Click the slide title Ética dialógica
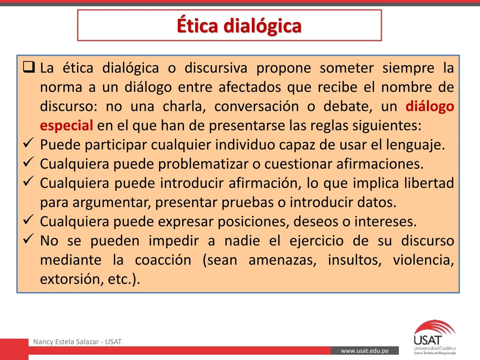239,26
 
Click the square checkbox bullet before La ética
29,67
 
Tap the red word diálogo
430,106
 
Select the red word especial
66,126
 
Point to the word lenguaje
415,145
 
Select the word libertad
429,183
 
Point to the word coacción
163,260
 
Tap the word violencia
423,260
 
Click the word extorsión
71,279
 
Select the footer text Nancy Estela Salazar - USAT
77,342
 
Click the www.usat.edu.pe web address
365,351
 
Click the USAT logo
434,337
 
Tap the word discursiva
216,68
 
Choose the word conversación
256,106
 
